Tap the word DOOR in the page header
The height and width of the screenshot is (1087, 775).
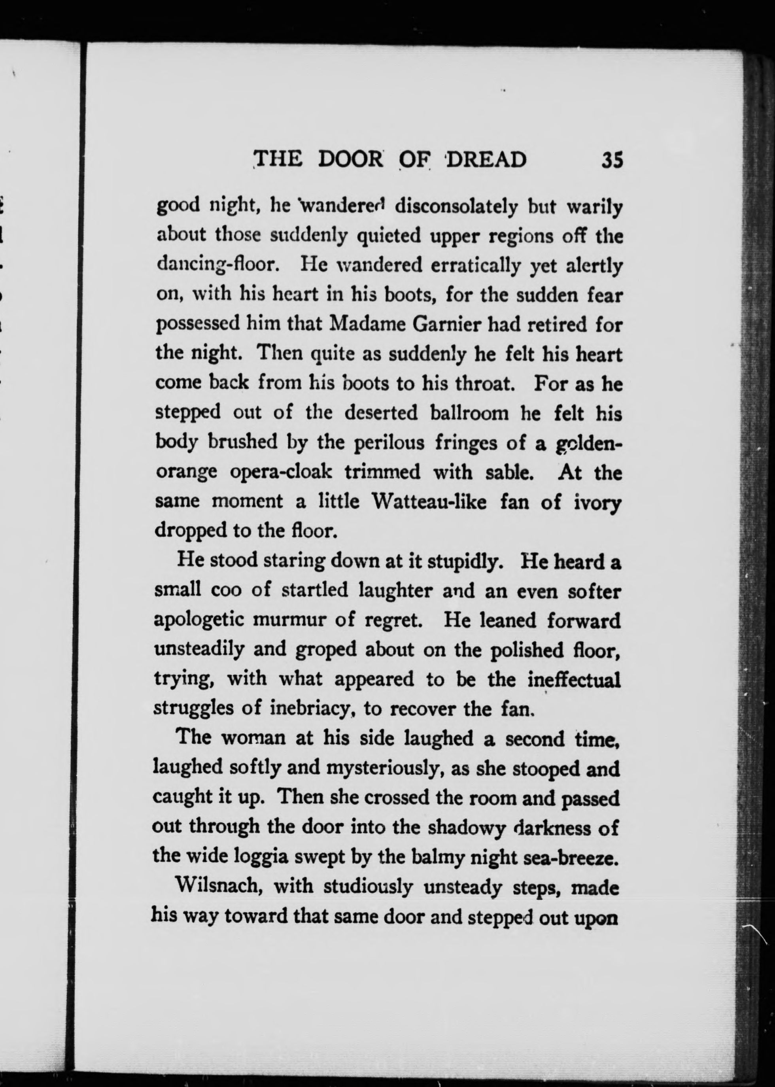(x=351, y=159)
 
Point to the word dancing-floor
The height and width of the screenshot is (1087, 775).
(x=217, y=266)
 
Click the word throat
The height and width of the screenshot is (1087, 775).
(x=487, y=384)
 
